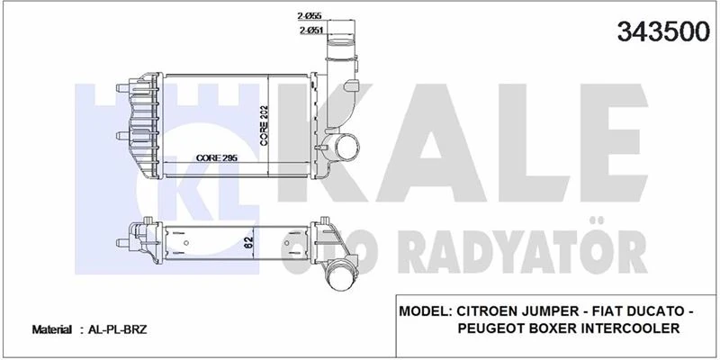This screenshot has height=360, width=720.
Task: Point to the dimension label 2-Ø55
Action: coord(311,15)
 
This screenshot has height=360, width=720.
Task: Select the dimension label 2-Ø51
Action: coord(311,31)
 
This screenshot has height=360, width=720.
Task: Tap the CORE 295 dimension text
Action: coord(216,158)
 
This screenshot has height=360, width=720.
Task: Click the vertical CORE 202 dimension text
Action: coord(265,125)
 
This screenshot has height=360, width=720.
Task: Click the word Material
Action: coord(52,330)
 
